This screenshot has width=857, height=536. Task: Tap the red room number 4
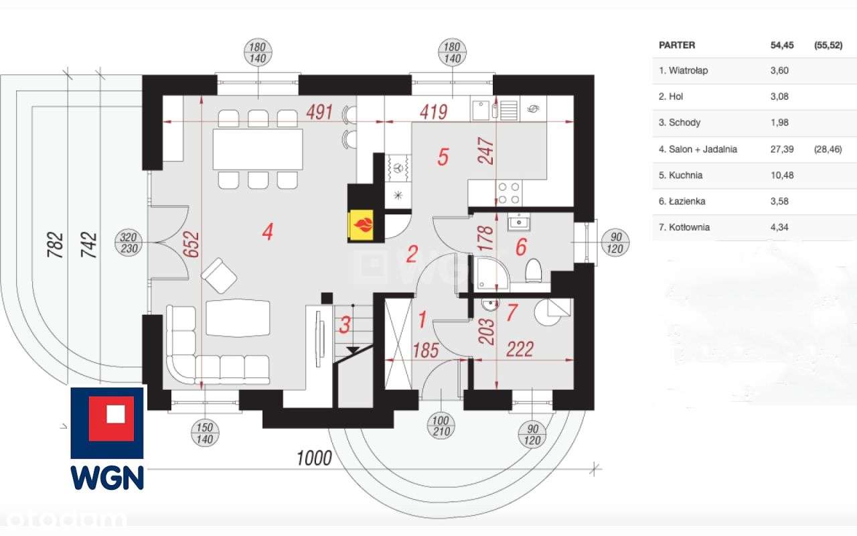tap(267, 232)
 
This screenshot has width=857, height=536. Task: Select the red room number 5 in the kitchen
tap(443, 157)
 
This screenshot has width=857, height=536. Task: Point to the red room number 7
tap(512, 312)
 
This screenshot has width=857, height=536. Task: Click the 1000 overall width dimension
tap(314, 458)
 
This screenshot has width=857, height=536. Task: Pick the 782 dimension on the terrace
tap(55, 245)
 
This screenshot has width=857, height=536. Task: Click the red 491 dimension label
tap(319, 112)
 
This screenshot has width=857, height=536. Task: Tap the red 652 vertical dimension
tap(191, 244)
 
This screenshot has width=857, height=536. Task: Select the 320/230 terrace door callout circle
tap(129, 243)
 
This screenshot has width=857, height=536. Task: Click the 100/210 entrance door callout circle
tap(441, 425)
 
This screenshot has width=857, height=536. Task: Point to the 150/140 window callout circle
tap(205, 433)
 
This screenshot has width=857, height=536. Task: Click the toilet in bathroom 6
tap(534, 270)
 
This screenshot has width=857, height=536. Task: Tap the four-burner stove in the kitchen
tap(510, 193)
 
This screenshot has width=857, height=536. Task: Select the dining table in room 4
tap(258, 149)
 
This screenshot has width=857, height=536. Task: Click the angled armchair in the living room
tap(219, 275)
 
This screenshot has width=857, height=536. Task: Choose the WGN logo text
tap(107, 478)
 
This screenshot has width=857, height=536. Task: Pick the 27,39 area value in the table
tap(782, 149)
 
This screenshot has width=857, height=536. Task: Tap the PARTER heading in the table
tap(677, 45)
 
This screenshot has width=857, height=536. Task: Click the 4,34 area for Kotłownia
tap(779, 227)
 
